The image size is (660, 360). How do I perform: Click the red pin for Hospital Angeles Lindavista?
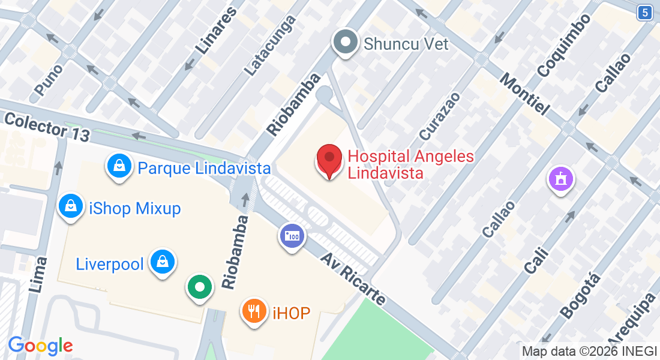(x=329, y=160)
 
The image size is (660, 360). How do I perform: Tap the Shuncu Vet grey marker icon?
(x=346, y=43)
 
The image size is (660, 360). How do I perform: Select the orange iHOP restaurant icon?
(x=254, y=311)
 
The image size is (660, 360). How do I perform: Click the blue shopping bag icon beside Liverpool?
(x=162, y=262)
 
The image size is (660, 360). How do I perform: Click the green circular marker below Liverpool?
(x=199, y=287)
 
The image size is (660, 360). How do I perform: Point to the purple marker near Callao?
(x=561, y=179)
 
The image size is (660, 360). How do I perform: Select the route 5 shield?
(x=644, y=12)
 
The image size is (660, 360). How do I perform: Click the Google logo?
(x=40, y=346)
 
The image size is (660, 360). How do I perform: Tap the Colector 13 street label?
(x=47, y=126)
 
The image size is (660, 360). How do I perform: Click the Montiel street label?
(x=524, y=94)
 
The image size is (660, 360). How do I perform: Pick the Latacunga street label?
(x=271, y=45)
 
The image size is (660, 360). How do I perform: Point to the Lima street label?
(x=38, y=274)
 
